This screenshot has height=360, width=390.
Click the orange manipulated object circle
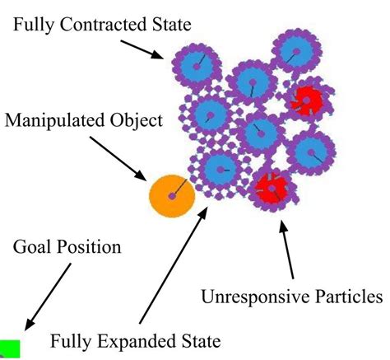(x=171, y=195)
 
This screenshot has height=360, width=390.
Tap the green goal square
(x=9, y=348)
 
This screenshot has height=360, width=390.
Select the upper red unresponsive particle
(x=308, y=101)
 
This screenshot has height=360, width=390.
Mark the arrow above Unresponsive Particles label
(x=287, y=252)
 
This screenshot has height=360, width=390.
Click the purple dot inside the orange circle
(x=170, y=196)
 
